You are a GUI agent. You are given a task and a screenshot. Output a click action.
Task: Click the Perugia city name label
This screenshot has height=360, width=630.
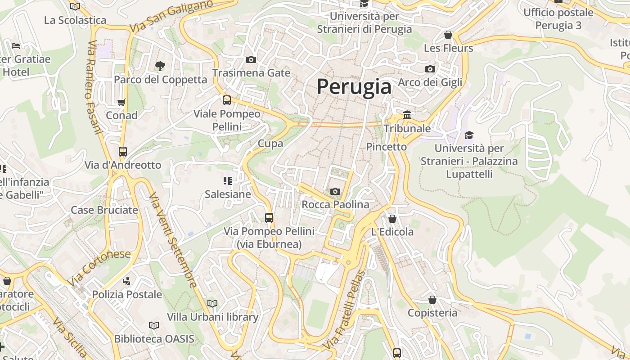click(x=354, y=86)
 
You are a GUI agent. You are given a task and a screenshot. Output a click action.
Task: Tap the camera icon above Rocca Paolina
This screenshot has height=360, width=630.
click(x=335, y=192)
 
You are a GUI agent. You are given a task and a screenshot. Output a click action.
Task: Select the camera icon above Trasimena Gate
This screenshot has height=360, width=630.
click(x=251, y=59)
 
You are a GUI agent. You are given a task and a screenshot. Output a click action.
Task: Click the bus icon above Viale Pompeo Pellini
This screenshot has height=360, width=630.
click(x=227, y=100)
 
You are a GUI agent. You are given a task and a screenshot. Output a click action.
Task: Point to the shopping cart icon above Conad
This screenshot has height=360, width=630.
click(x=121, y=102)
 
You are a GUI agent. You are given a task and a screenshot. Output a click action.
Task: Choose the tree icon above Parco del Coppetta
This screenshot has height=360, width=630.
click(x=160, y=67)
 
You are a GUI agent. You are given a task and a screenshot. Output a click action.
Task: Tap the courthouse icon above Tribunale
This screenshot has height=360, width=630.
click(x=407, y=115)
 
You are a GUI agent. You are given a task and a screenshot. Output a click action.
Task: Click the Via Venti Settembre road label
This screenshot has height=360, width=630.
click(x=173, y=240)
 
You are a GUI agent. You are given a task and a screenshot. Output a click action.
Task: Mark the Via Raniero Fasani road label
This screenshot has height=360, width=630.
click(x=94, y=88)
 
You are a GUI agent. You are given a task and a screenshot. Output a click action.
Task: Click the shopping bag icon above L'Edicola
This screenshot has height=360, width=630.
click(x=392, y=219)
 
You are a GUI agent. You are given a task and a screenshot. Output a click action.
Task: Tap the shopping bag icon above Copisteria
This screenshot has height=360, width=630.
click(x=432, y=300)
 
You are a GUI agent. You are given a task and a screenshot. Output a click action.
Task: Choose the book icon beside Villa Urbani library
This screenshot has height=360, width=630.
click(x=212, y=304)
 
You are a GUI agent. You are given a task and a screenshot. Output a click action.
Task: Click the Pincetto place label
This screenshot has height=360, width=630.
click(x=386, y=147)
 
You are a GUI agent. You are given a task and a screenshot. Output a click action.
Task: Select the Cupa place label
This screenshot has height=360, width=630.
click(x=270, y=144)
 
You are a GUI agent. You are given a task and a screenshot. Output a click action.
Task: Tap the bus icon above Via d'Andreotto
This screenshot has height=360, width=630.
click(x=123, y=152)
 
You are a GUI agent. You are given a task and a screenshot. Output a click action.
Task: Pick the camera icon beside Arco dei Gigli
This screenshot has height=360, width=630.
click(x=430, y=69)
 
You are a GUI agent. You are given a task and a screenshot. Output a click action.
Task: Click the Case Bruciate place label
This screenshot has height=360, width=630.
click(x=104, y=210)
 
